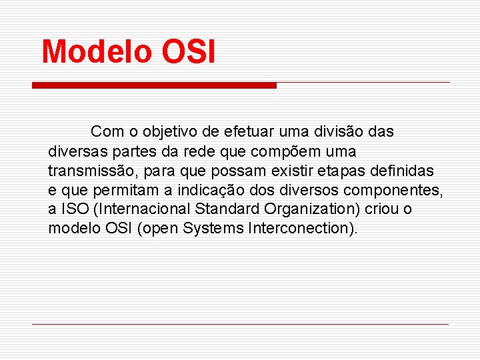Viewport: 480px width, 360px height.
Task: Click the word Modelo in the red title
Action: [97, 51]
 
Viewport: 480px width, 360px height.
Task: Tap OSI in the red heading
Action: [188, 51]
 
